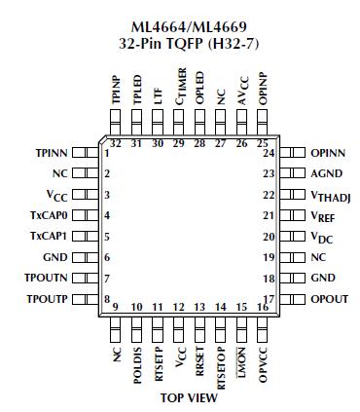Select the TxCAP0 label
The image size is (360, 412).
[x=49, y=215]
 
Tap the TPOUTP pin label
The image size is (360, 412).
[x=47, y=298]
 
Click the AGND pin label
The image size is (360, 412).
[x=328, y=173]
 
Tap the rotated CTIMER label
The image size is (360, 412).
[x=181, y=85]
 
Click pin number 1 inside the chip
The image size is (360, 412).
[x=105, y=154]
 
